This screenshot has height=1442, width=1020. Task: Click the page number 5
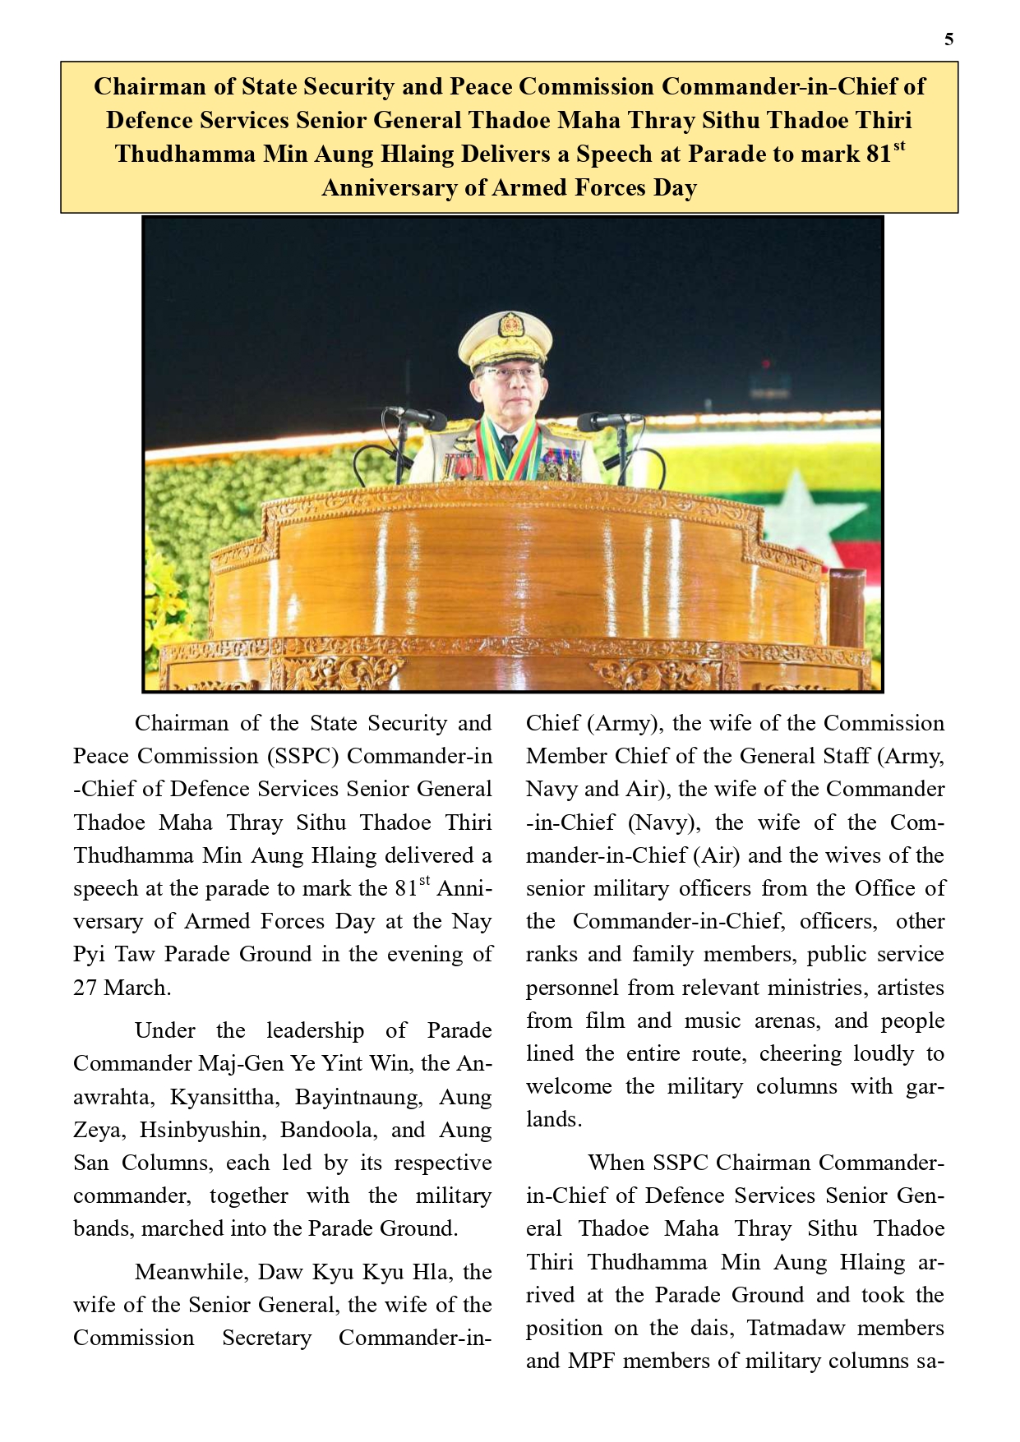(x=949, y=39)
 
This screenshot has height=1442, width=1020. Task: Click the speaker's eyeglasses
(x=509, y=375)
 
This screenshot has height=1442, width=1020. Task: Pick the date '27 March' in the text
(x=121, y=988)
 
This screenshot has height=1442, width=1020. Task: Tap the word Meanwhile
(x=190, y=1272)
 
